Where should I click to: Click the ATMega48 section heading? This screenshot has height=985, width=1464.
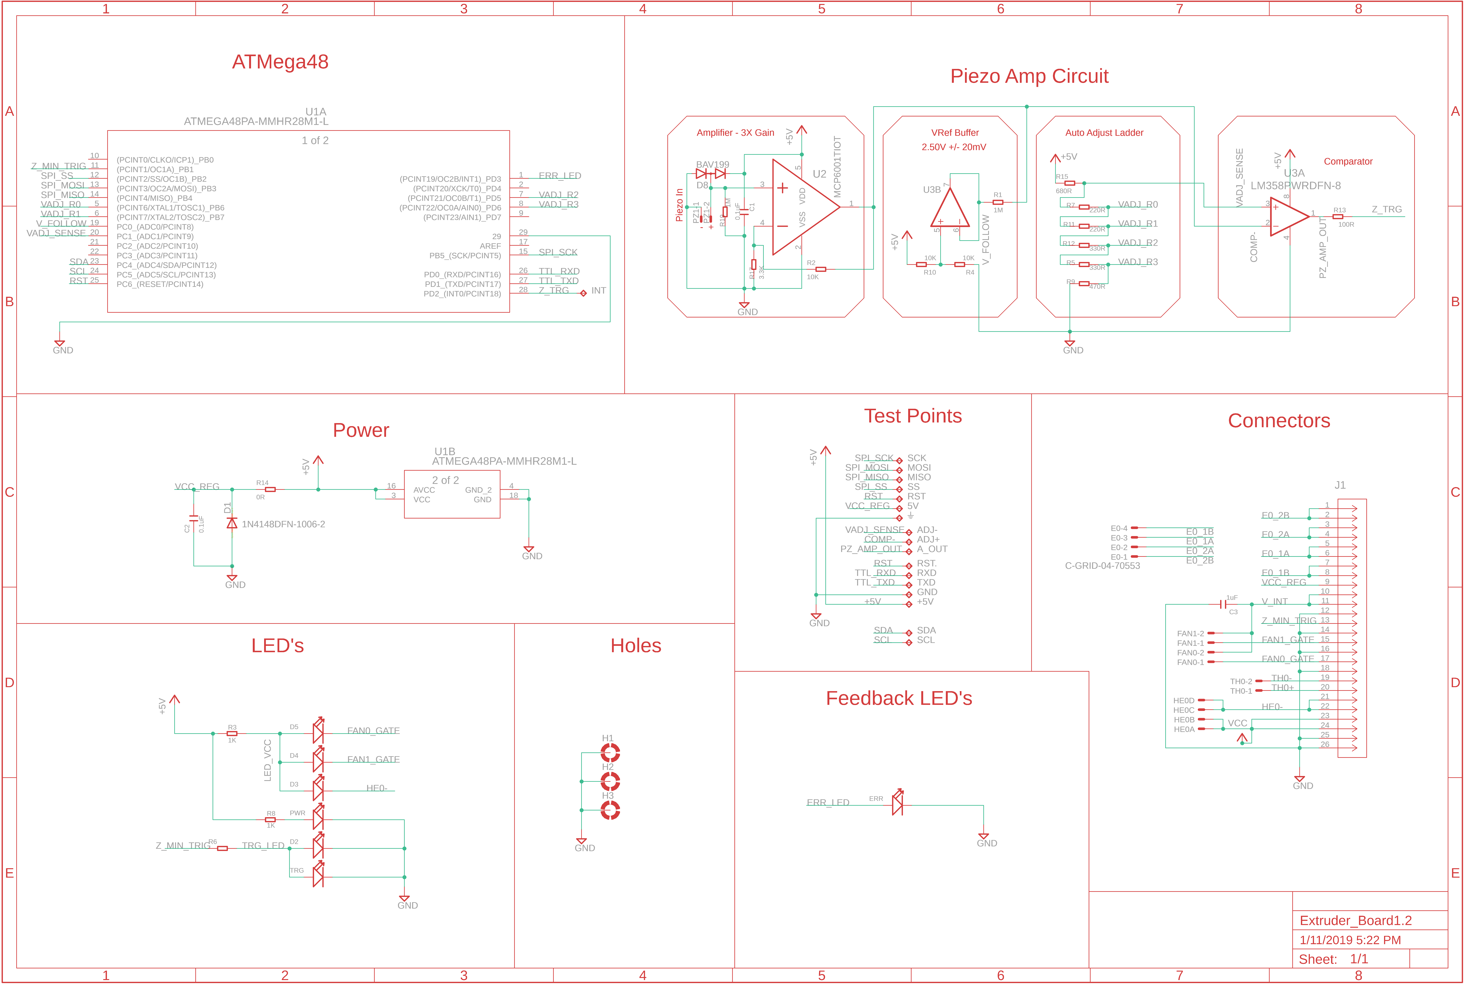tap(280, 62)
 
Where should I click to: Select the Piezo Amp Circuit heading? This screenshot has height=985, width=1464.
tap(1029, 76)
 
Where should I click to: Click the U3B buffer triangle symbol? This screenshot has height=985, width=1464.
tap(949, 209)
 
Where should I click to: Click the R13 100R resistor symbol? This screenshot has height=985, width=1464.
tap(1338, 217)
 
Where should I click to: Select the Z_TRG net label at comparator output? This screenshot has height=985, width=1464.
tap(1387, 209)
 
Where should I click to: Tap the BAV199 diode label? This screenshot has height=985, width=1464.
tap(713, 165)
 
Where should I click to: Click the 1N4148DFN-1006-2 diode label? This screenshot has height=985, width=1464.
tap(283, 524)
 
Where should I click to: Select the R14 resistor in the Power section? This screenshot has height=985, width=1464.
tap(270, 489)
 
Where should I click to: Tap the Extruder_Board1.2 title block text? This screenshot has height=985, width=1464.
tap(1355, 920)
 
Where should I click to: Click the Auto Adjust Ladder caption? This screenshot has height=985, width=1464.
tap(1104, 133)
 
